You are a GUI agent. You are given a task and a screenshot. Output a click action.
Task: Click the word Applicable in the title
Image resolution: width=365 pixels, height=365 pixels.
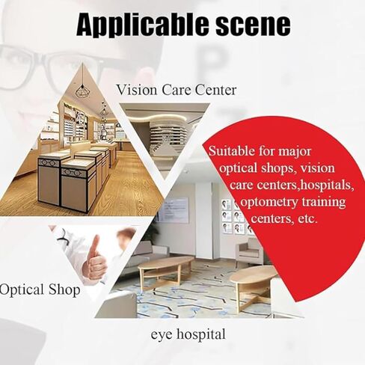(x=143, y=24)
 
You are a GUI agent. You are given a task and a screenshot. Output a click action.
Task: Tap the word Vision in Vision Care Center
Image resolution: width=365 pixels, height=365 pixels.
(x=137, y=90)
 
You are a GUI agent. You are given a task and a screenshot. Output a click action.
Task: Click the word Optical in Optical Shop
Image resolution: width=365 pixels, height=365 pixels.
(x=22, y=291)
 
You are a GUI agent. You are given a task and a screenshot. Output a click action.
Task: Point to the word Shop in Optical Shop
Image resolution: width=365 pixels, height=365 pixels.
(x=64, y=289)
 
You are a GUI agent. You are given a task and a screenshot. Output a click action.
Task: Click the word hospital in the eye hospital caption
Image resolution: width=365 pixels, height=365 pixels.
(x=201, y=334)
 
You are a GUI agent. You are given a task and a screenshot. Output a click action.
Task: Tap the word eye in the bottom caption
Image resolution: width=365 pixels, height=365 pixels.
(x=162, y=335)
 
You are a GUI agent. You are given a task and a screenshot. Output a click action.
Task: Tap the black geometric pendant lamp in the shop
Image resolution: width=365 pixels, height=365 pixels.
(x=82, y=91)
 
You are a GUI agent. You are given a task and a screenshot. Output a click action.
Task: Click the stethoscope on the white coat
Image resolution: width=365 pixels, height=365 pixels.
(x=63, y=236)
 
